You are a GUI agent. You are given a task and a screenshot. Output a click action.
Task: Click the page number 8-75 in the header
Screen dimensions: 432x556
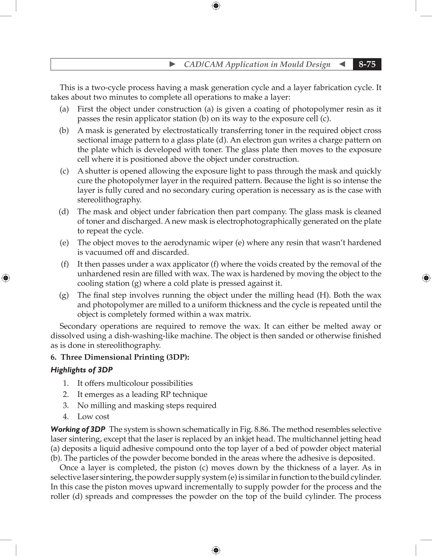367,64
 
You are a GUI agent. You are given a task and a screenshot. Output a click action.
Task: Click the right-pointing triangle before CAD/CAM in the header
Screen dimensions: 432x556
172,64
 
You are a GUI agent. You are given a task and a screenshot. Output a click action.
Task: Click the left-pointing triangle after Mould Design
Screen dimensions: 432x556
342,64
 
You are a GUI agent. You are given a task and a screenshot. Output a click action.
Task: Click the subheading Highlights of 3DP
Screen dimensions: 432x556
81,370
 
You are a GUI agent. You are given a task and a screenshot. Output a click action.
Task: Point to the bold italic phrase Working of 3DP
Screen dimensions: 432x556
78,429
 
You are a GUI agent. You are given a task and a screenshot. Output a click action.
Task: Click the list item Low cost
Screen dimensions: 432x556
93,417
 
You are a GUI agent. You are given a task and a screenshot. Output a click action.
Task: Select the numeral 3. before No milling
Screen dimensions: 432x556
66,405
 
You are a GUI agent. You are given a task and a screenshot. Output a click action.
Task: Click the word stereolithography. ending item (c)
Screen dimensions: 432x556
109,200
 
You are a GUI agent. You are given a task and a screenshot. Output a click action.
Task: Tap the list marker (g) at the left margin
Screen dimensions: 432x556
64,295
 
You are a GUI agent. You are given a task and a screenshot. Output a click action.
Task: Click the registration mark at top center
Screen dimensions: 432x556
216,6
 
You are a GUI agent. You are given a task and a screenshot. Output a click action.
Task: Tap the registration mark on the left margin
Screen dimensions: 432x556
6,278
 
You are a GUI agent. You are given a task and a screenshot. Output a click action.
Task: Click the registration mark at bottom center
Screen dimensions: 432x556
216,550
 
